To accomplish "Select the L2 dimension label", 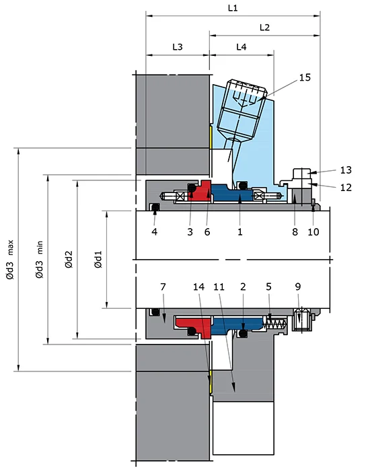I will [x=264, y=28].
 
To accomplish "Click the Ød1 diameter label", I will [x=98, y=259].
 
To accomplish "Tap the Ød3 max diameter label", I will [x=11, y=259].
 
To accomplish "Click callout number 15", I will [x=305, y=77].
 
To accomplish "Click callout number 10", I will [x=314, y=231].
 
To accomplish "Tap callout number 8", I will [x=293, y=231].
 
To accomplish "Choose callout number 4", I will [x=154, y=231].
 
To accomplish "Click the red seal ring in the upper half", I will [x=200, y=192].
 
